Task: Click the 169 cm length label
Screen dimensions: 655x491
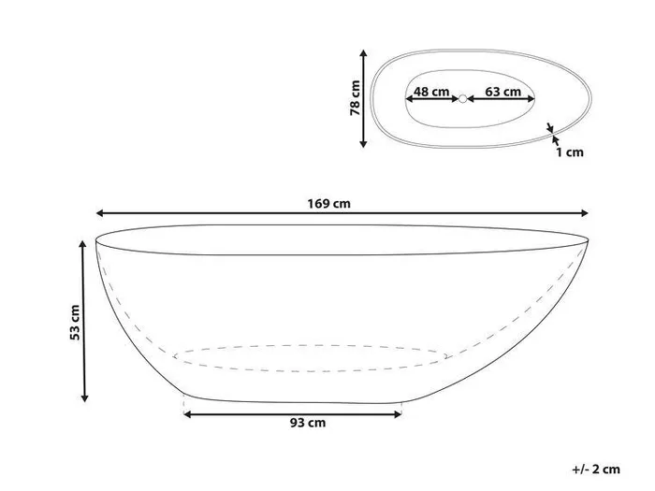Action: [328, 204]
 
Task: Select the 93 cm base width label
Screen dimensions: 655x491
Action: [308, 423]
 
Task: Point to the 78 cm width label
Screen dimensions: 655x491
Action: [355, 97]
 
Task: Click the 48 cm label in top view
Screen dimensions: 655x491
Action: [431, 92]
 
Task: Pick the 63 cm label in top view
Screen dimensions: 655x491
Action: [503, 92]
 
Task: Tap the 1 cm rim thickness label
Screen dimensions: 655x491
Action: [569, 152]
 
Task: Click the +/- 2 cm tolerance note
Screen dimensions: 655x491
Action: [596, 469]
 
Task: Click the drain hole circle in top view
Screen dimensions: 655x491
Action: [462, 99]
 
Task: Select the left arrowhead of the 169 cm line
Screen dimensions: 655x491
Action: [100, 213]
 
